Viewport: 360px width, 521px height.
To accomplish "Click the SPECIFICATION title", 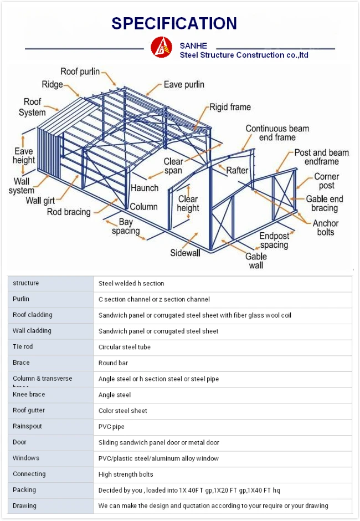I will (x=174, y=23).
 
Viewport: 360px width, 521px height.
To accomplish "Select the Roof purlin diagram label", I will (x=80, y=71).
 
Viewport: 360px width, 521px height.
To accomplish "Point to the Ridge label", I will (x=52, y=85).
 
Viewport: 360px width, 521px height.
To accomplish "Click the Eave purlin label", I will (x=184, y=85).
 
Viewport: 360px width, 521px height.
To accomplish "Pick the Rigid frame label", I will (x=230, y=107).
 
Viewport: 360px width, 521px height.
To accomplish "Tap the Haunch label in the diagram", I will (x=145, y=188).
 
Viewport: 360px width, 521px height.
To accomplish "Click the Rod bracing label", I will (x=69, y=212).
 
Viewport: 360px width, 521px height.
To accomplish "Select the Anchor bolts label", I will (x=326, y=228).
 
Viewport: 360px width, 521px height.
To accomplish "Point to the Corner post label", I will (x=326, y=181).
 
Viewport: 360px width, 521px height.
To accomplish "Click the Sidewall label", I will (x=184, y=253).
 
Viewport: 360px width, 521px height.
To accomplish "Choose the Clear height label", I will (x=188, y=203).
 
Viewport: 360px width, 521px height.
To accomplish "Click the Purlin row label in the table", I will (x=21, y=299).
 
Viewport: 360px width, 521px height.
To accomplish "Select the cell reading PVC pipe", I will (x=111, y=427).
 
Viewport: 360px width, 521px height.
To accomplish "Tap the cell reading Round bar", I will (x=113, y=363).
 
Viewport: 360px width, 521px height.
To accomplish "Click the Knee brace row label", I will (x=29, y=395).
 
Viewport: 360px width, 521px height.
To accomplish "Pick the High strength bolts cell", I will (x=126, y=474).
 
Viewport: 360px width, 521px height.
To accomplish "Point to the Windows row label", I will (x=26, y=458).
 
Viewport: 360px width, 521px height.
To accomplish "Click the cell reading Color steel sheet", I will (x=123, y=411).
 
